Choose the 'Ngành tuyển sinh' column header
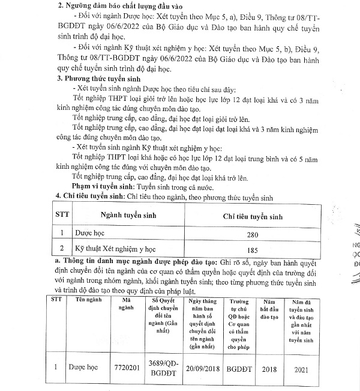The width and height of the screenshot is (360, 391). [x=110, y=215]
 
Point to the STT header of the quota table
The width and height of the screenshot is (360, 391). [x=61, y=215]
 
